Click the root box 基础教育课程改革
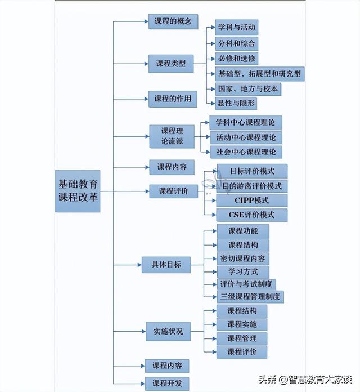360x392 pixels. coord(78,191)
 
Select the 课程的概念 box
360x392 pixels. coord(173,21)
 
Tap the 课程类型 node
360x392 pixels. coord(171,64)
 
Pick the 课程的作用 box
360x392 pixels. coord(173,99)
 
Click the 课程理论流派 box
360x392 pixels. coord(172,136)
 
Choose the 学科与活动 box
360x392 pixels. coord(237,28)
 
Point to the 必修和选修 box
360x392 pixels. coord(237,59)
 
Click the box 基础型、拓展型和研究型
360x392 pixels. coord(260,74)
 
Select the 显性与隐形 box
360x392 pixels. coord(236,103)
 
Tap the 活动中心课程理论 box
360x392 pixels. coord(246,138)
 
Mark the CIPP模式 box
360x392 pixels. coord(252,201)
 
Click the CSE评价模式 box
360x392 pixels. coord(252,215)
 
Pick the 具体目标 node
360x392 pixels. coord(166,265)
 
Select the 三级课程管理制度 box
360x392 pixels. coord(250,297)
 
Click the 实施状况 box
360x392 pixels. coord(168,332)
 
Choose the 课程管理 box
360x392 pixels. coord(242,338)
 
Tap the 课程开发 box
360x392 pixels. coord(167,383)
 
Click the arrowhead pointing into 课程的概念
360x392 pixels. coord(147,21)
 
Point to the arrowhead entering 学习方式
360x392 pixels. coord(215,271)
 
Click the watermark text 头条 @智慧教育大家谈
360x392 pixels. coord(305,379)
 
